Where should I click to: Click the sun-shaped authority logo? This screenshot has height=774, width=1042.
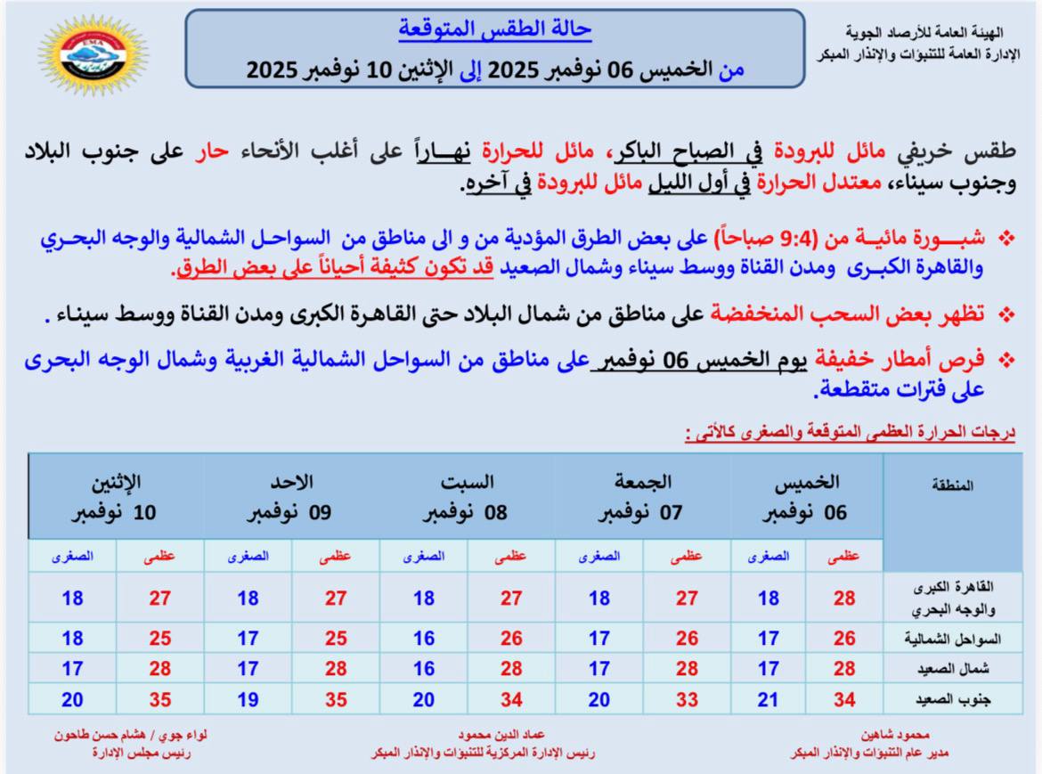[94, 57]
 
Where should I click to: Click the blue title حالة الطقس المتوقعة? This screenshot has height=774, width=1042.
[494, 29]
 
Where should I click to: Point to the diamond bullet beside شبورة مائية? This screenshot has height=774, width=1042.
[1007, 238]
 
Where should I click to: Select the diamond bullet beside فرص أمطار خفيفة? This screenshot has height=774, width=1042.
[1007, 360]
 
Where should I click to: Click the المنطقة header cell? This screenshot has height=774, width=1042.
[952, 485]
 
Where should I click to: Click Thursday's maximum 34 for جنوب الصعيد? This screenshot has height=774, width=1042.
[844, 700]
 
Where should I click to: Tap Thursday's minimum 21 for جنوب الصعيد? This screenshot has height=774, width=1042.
[769, 700]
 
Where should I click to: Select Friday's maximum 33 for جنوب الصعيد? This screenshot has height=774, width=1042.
[687, 700]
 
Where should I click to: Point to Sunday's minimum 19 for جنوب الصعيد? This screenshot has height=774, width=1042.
[248, 700]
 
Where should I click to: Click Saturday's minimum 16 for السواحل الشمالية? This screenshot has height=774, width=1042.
[424, 639]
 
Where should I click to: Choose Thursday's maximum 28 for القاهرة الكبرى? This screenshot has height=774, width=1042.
[844, 599]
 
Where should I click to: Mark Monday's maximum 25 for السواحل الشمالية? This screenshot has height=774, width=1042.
[159, 639]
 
